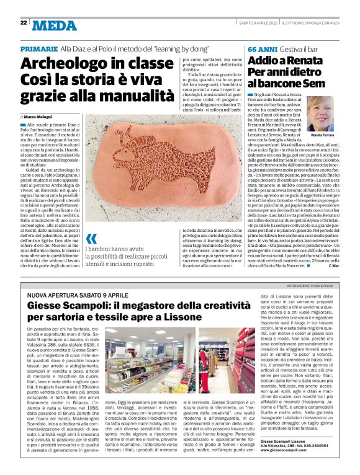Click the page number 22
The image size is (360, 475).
23,23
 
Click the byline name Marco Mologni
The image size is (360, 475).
39,117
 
